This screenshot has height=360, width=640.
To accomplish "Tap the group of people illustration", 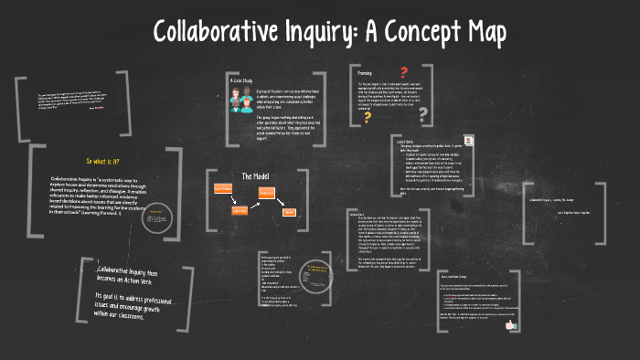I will pyautogui.click(x=243, y=102).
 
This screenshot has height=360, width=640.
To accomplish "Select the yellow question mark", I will pyautogui.click(x=368, y=116).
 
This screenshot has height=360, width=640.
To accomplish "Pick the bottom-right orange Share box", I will pyautogui.click(x=289, y=212).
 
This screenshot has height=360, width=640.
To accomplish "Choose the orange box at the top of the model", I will pyautogui.click(x=267, y=192).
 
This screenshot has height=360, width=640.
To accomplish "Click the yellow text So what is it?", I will pyautogui.click(x=102, y=161).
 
